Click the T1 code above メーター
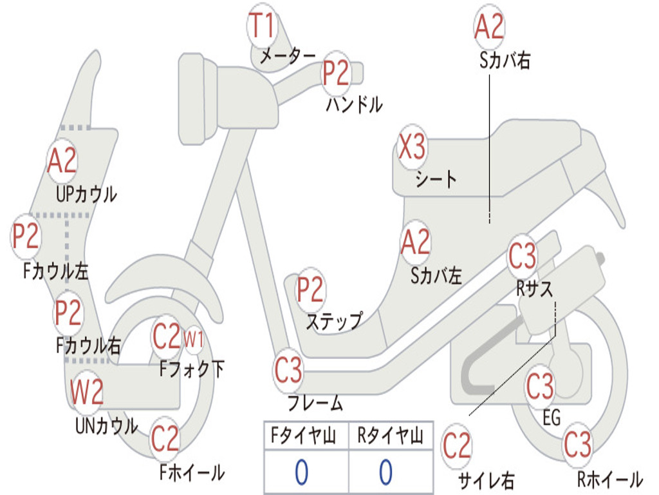262,26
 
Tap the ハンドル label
353,104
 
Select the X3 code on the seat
412,148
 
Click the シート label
436,179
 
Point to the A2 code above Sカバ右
488,27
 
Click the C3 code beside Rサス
522,257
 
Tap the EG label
552,418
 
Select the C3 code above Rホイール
577,444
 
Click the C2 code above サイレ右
457,447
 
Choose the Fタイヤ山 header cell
305,437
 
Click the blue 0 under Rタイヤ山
385,472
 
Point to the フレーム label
315,404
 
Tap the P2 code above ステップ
310,290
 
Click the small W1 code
194,337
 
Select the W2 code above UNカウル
87,393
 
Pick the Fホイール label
192,472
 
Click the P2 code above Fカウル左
26,237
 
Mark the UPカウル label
86,194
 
